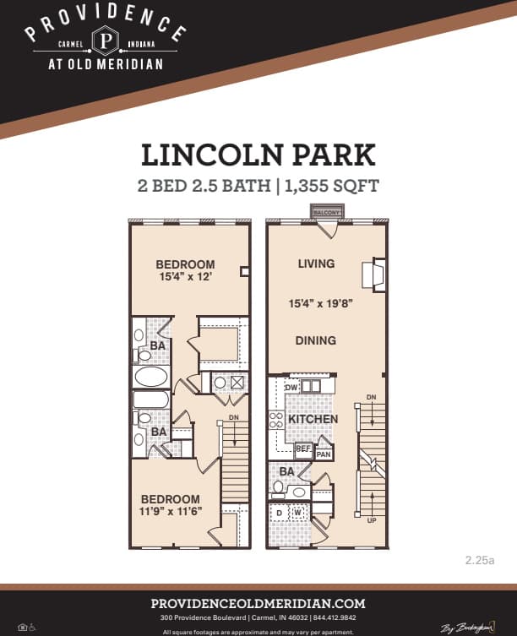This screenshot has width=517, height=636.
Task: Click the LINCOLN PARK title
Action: click(x=258, y=156)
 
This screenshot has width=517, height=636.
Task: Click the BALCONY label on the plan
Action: click(x=327, y=212)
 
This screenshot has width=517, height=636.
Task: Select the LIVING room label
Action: click(x=316, y=264)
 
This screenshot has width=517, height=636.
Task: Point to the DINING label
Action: click(x=316, y=340)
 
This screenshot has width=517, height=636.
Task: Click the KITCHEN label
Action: click(x=313, y=419)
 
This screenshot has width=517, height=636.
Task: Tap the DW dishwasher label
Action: click(x=291, y=387)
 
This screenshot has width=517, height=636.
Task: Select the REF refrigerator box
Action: click(x=303, y=449)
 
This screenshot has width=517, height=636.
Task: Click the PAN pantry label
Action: click(x=323, y=454)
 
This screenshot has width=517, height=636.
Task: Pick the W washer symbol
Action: click(x=297, y=512)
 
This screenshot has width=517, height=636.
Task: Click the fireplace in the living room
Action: click(x=373, y=275)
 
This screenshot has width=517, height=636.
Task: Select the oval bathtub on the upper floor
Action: click(x=151, y=377)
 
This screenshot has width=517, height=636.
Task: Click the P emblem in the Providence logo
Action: click(x=106, y=41)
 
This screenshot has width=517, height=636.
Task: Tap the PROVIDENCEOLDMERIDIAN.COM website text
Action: click(x=258, y=603)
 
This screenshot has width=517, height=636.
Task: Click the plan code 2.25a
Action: click(x=479, y=559)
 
